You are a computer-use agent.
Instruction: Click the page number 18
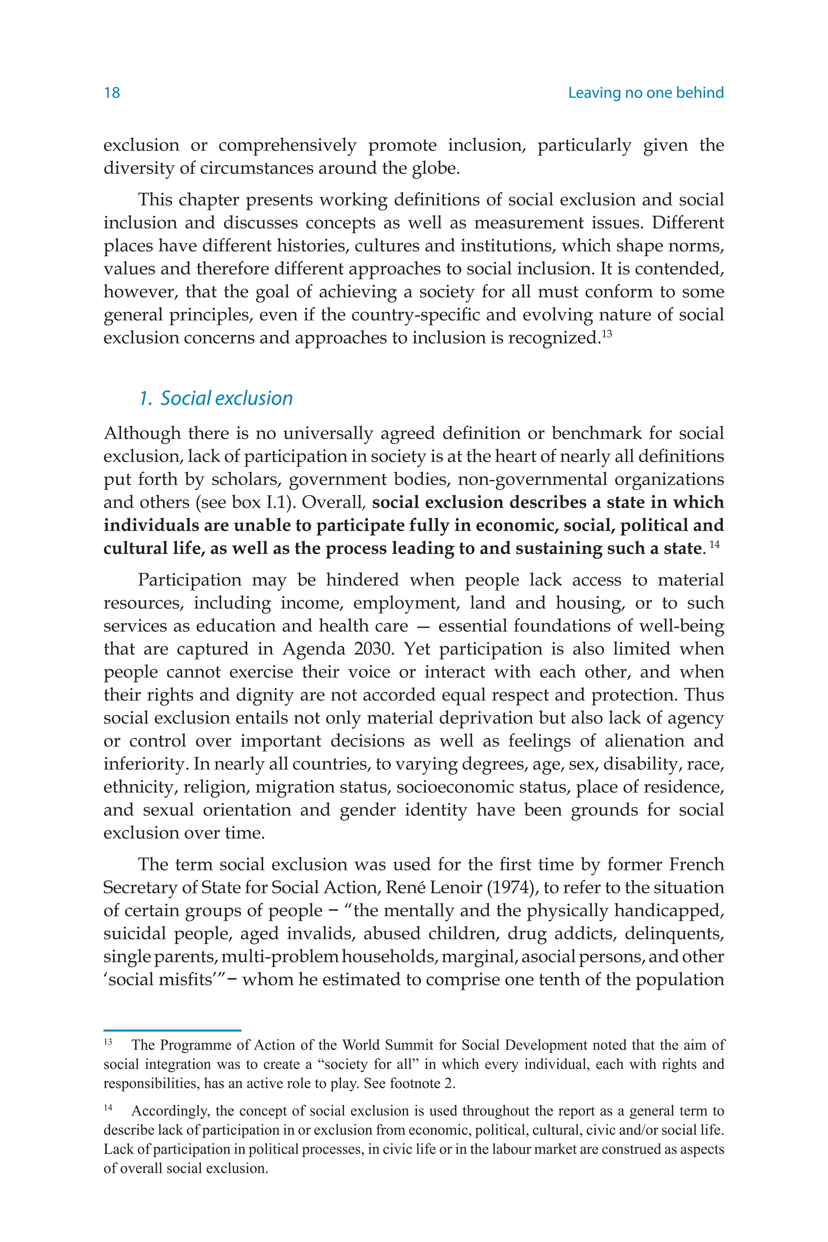click(x=112, y=93)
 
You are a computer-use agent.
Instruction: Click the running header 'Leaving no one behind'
click(x=645, y=93)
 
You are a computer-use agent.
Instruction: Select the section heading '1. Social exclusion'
click(x=216, y=398)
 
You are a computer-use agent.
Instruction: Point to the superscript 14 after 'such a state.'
click(x=714, y=545)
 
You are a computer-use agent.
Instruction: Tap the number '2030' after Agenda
click(x=374, y=648)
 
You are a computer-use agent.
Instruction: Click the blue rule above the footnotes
click(x=172, y=1030)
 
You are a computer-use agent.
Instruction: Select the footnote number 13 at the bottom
click(x=108, y=1042)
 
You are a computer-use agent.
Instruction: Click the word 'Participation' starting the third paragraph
click(x=190, y=580)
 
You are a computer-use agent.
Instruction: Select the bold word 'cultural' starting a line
click(x=135, y=548)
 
